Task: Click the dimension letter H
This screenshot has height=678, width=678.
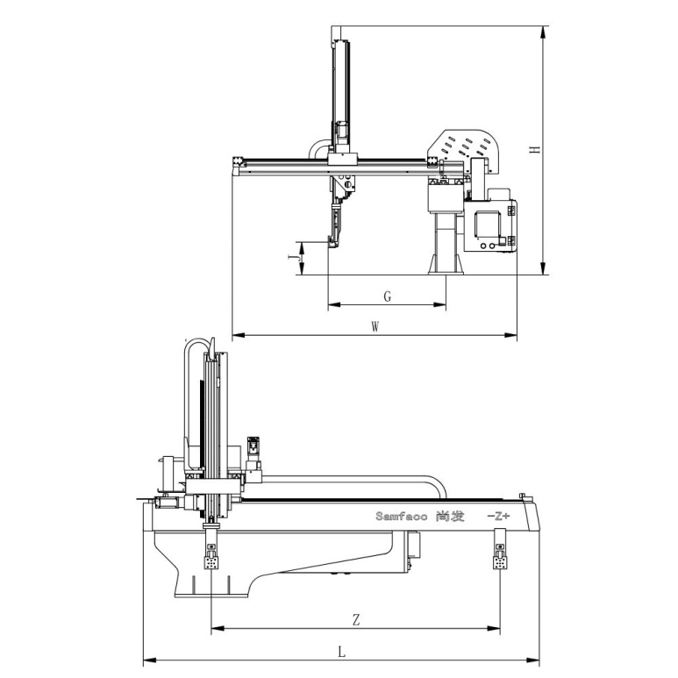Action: (536, 149)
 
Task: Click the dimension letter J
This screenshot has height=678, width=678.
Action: (293, 258)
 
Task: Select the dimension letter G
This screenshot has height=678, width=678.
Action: (388, 296)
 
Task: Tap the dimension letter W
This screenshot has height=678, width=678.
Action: (375, 327)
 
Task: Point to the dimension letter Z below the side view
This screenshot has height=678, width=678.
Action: (356, 620)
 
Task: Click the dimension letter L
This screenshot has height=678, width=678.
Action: (341, 652)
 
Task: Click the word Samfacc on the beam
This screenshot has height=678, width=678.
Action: (401, 517)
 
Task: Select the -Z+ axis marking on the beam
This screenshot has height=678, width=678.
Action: (498, 517)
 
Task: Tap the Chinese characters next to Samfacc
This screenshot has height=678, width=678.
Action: (451, 517)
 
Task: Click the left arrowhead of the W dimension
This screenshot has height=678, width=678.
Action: (239, 335)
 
